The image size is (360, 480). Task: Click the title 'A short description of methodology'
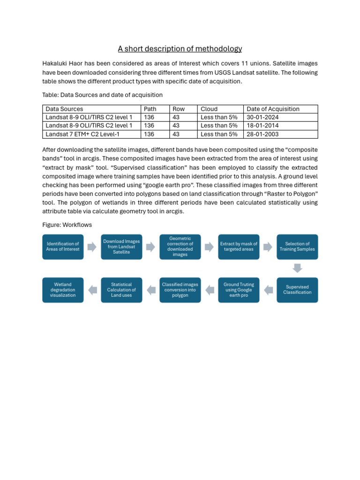tap(180, 49)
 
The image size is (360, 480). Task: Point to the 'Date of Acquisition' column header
tap(273, 109)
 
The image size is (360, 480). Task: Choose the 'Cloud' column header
tap(209, 109)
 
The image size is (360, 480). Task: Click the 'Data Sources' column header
tap(64, 109)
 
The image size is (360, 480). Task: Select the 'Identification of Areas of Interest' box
tap(63, 247)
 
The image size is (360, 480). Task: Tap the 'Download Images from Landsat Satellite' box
tap(121, 247)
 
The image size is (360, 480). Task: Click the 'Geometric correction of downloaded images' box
tap(180, 247)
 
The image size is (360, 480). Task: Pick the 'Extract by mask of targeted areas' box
tap(239, 247)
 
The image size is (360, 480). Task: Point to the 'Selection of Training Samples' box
tap(297, 247)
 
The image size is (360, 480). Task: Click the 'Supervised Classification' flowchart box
tap(297, 290)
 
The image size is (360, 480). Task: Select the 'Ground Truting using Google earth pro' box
tap(239, 290)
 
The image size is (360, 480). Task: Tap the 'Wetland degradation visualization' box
tap(63, 290)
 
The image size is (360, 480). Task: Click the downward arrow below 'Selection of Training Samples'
tap(297, 268)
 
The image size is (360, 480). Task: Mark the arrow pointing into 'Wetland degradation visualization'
tap(92, 290)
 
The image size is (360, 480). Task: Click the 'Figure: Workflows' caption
tap(67, 225)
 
